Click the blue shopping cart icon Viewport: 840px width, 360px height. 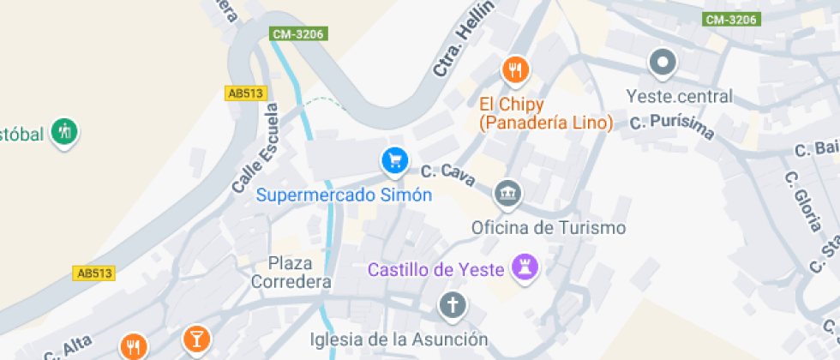coord(394,159)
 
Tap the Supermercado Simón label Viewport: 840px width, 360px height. coord(344,195)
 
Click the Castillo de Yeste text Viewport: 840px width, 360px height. coord(435,270)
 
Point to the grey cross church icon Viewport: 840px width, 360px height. coord(452,304)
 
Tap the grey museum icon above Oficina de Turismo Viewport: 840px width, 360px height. coord(507,193)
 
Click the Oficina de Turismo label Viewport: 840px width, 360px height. coord(549,228)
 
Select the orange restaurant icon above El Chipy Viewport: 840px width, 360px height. coord(514,70)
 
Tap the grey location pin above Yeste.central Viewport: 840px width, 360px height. coord(663,63)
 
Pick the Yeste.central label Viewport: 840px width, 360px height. coord(679,96)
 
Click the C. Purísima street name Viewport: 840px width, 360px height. coord(673,125)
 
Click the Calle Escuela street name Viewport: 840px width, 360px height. coord(255,147)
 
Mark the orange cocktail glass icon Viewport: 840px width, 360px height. coord(195,338)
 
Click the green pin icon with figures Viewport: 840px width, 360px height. coord(64,132)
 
